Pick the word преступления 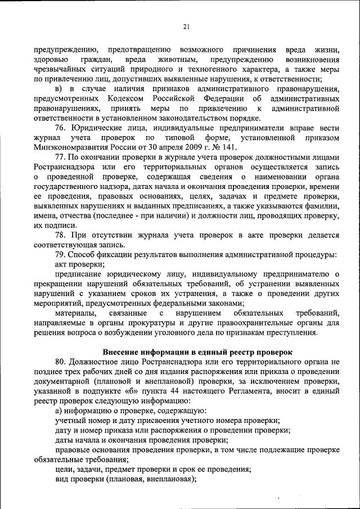coord(289,333)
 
